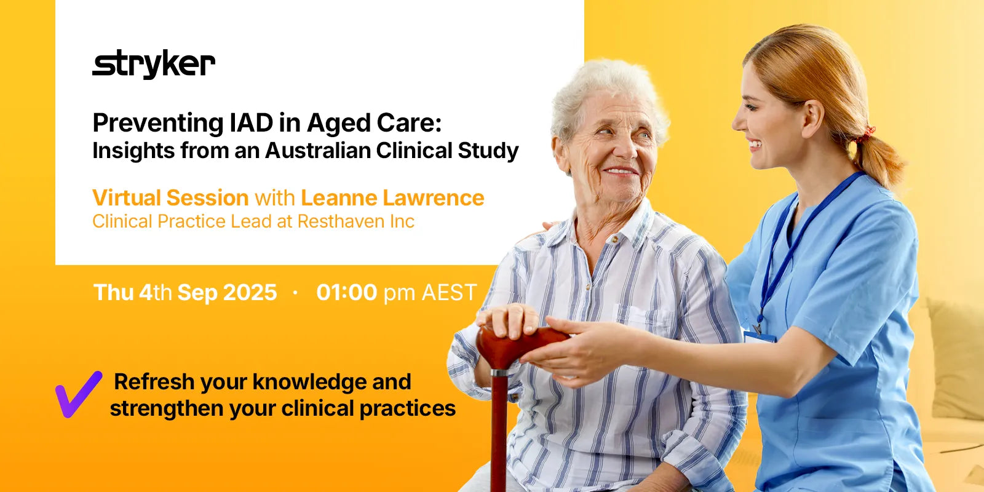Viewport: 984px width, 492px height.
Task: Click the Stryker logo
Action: coord(154,65)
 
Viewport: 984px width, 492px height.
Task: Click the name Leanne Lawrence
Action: coord(392,198)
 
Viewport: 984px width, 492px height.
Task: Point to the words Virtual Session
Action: coord(170,198)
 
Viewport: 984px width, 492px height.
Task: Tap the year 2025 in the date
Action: coord(250,293)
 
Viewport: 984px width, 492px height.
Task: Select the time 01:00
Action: coord(346,293)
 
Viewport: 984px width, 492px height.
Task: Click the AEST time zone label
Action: coord(449,293)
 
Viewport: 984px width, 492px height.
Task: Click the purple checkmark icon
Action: coord(78,394)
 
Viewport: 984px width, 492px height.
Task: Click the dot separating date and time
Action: coord(296,293)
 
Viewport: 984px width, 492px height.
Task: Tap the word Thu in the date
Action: coord(113,293)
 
